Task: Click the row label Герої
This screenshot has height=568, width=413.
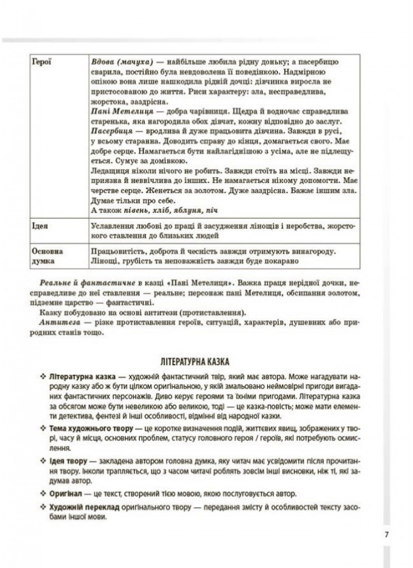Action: pyautogui.click(x=43, y=62)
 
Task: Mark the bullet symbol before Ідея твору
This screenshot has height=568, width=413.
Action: pyautogui.click(x=42, y=457)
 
